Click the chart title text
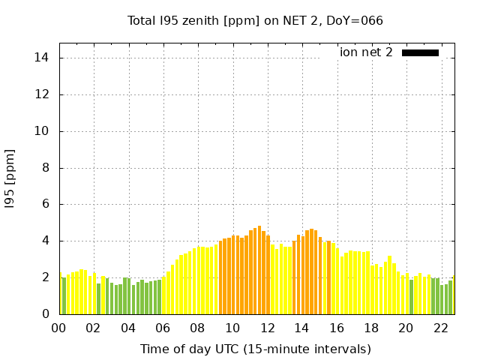pos(255,20)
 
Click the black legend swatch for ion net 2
pos(420,52)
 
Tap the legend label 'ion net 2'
pos(366,52)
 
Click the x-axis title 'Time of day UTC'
pos(255,349)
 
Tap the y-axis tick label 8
pos(46,168)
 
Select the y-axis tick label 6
pos(46,205)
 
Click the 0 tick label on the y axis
pos(46,314)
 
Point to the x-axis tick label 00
pos(58,328)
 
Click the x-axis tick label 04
pos(128,328)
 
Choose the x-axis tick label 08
pos(197,328)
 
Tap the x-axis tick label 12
pos(267,328)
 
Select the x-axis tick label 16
pos(336,328)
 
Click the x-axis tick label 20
pos(406,328)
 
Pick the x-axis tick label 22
pos(440,328)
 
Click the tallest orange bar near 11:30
pos(259,270)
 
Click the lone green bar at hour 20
pos(411,297)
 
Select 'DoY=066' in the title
pos(357,20)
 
